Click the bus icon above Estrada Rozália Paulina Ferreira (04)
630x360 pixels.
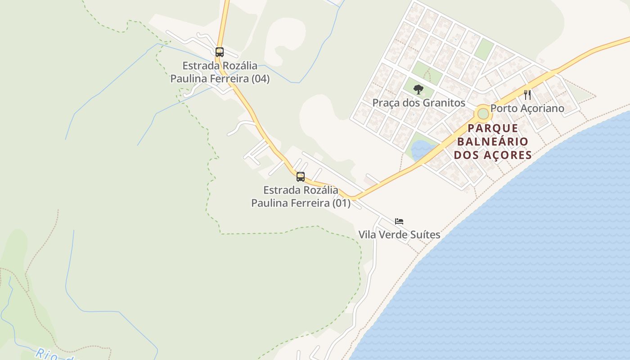(x=219, y=52)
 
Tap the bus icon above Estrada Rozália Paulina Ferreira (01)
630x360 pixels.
(x=301, y=176)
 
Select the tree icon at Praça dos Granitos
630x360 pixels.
(x=418, y=89)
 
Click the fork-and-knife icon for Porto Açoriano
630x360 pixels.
(x=527, y=95)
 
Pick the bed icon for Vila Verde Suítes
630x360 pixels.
(x=399, y=221)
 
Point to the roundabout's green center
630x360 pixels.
(x=483, y=114)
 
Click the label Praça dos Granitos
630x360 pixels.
(x=418, y=103)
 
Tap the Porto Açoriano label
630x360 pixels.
(x=527, y=108)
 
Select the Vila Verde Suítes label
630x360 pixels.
(x=399, y=235)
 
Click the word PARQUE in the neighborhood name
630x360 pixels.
(x=493, y=128)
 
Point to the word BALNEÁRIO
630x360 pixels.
(x=493, y=142)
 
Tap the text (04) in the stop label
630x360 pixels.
(x=260, y=79)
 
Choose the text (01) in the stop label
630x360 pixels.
(x=341, y=203)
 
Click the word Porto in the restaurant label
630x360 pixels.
(x=503, y=108)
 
